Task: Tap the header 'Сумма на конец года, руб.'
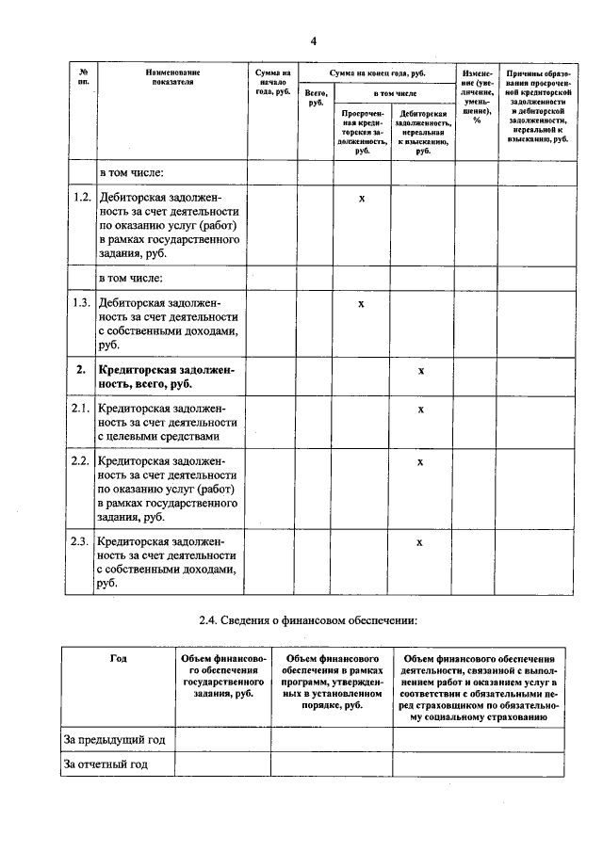click(x=375, y=72)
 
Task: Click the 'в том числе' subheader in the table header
click(x=393, y=94)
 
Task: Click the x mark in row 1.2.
click(x=361, y=199)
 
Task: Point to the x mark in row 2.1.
click(x=421, y=410)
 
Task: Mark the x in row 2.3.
click(x=421, y=542)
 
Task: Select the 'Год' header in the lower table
click(x=118, y=658)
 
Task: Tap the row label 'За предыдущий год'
click(x=114, y=741)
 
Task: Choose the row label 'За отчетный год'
click(x=106, y=764)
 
